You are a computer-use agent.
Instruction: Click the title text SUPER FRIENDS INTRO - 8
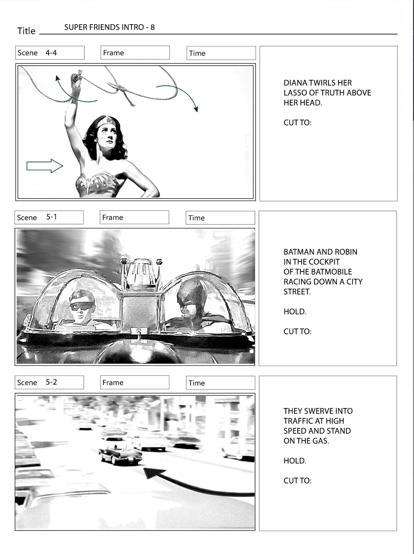click(x=110, y=27)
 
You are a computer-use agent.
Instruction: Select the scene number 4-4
click(x=51, y=53)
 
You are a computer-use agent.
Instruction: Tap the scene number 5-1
click(x=51, y=217)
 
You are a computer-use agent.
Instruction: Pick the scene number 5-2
click(x=51, y=382)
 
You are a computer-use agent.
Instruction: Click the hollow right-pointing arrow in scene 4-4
click(x=45, y=166)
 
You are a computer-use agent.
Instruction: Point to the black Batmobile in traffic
click(x=120, y=455)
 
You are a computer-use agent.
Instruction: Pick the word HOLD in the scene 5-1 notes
click(x=294, y=311)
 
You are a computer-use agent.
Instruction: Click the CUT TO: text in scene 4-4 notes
click(x=297, y=122)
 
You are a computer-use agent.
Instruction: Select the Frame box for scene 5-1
click(x=134, y=217)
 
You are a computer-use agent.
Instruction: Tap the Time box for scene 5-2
click(x=221, y=383)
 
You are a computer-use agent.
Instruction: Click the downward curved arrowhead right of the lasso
click(x=196, y=109)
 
